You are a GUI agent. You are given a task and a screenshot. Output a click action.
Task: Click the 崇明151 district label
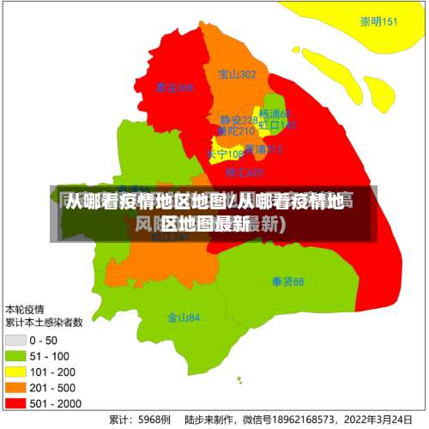coord(378,22)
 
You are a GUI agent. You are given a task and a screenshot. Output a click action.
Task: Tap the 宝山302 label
coord(237,75)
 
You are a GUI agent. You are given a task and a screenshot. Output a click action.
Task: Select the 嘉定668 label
coord(175,88)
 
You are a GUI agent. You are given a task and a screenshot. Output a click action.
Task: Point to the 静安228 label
coord(238,120)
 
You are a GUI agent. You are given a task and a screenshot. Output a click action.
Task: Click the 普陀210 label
coord(235,131)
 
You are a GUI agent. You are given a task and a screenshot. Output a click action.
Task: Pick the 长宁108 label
coord(225,154)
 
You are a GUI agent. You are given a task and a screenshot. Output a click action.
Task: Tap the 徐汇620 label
coord(244,172)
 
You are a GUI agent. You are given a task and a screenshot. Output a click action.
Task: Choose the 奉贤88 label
coord(287,281)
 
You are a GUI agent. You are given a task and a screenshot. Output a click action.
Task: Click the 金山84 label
coord(184,317)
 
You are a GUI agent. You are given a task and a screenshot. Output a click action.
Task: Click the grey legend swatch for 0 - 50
coord(15,341)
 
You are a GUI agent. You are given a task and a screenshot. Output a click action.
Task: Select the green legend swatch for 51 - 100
coord(15,356)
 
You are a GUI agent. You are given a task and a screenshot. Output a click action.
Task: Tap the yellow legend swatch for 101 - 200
coord(15,372)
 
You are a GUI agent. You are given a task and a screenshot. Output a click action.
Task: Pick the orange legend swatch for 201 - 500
coord(15,387)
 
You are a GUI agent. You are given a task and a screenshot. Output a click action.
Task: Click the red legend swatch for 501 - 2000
coord(15,402)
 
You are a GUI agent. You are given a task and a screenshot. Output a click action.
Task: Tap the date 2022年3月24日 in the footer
coord(378,420)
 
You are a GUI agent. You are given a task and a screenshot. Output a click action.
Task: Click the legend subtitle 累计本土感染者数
coord(44,323)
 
